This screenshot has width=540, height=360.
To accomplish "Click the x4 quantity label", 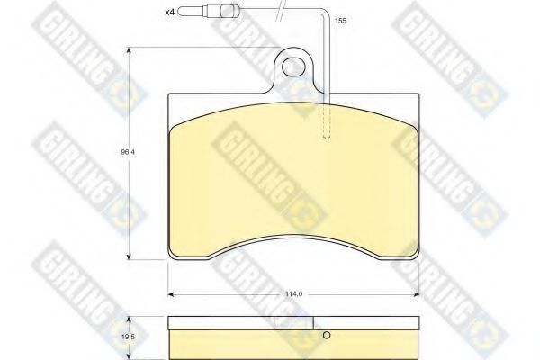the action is coord(170,13).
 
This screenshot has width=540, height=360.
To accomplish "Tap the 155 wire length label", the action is coord(340,21).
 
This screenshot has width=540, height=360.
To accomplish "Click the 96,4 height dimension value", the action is coord(128,152).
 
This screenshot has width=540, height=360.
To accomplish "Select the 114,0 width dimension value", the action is coord(293,294).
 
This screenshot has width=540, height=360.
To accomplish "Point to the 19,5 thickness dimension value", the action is coord(128,338).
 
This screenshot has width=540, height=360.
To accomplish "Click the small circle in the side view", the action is coord(327,335).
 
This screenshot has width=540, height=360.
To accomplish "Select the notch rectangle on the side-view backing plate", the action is coord(293,323).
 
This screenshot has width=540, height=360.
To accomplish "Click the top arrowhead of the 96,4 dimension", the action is coord(129,50).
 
